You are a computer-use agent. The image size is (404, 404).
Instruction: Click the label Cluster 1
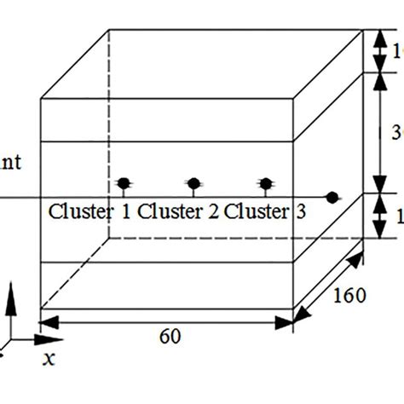89,211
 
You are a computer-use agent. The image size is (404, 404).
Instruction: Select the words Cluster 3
265,211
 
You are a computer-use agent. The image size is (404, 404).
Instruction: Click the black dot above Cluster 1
124,182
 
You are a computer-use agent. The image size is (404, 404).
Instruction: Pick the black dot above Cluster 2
193,182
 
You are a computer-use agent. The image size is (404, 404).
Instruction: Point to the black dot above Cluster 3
266,182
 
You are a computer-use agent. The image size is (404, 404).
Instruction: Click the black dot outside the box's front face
332,197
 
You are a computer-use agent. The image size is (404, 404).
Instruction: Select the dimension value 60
170,336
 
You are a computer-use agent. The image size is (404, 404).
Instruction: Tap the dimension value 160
350,295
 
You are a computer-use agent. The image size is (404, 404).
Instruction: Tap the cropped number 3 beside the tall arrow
397,132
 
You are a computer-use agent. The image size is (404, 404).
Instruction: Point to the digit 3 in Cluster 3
301,211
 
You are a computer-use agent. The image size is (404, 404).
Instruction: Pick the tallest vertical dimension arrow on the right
378,132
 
